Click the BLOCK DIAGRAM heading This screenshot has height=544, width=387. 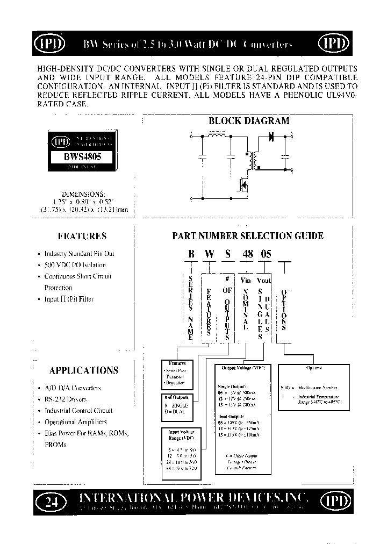249,121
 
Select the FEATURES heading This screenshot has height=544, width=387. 82,236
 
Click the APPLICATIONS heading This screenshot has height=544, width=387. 83,370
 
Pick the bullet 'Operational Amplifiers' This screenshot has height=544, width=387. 75,422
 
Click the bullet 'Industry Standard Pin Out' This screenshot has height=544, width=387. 79,253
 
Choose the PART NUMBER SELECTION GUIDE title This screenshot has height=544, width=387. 247,236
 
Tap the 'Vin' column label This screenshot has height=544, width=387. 246,280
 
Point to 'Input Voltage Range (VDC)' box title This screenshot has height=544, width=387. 181,434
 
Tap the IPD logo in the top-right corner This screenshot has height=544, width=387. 334,44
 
